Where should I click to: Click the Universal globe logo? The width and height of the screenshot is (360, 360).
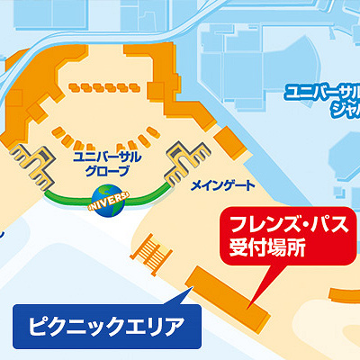(x=109, y=201)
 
